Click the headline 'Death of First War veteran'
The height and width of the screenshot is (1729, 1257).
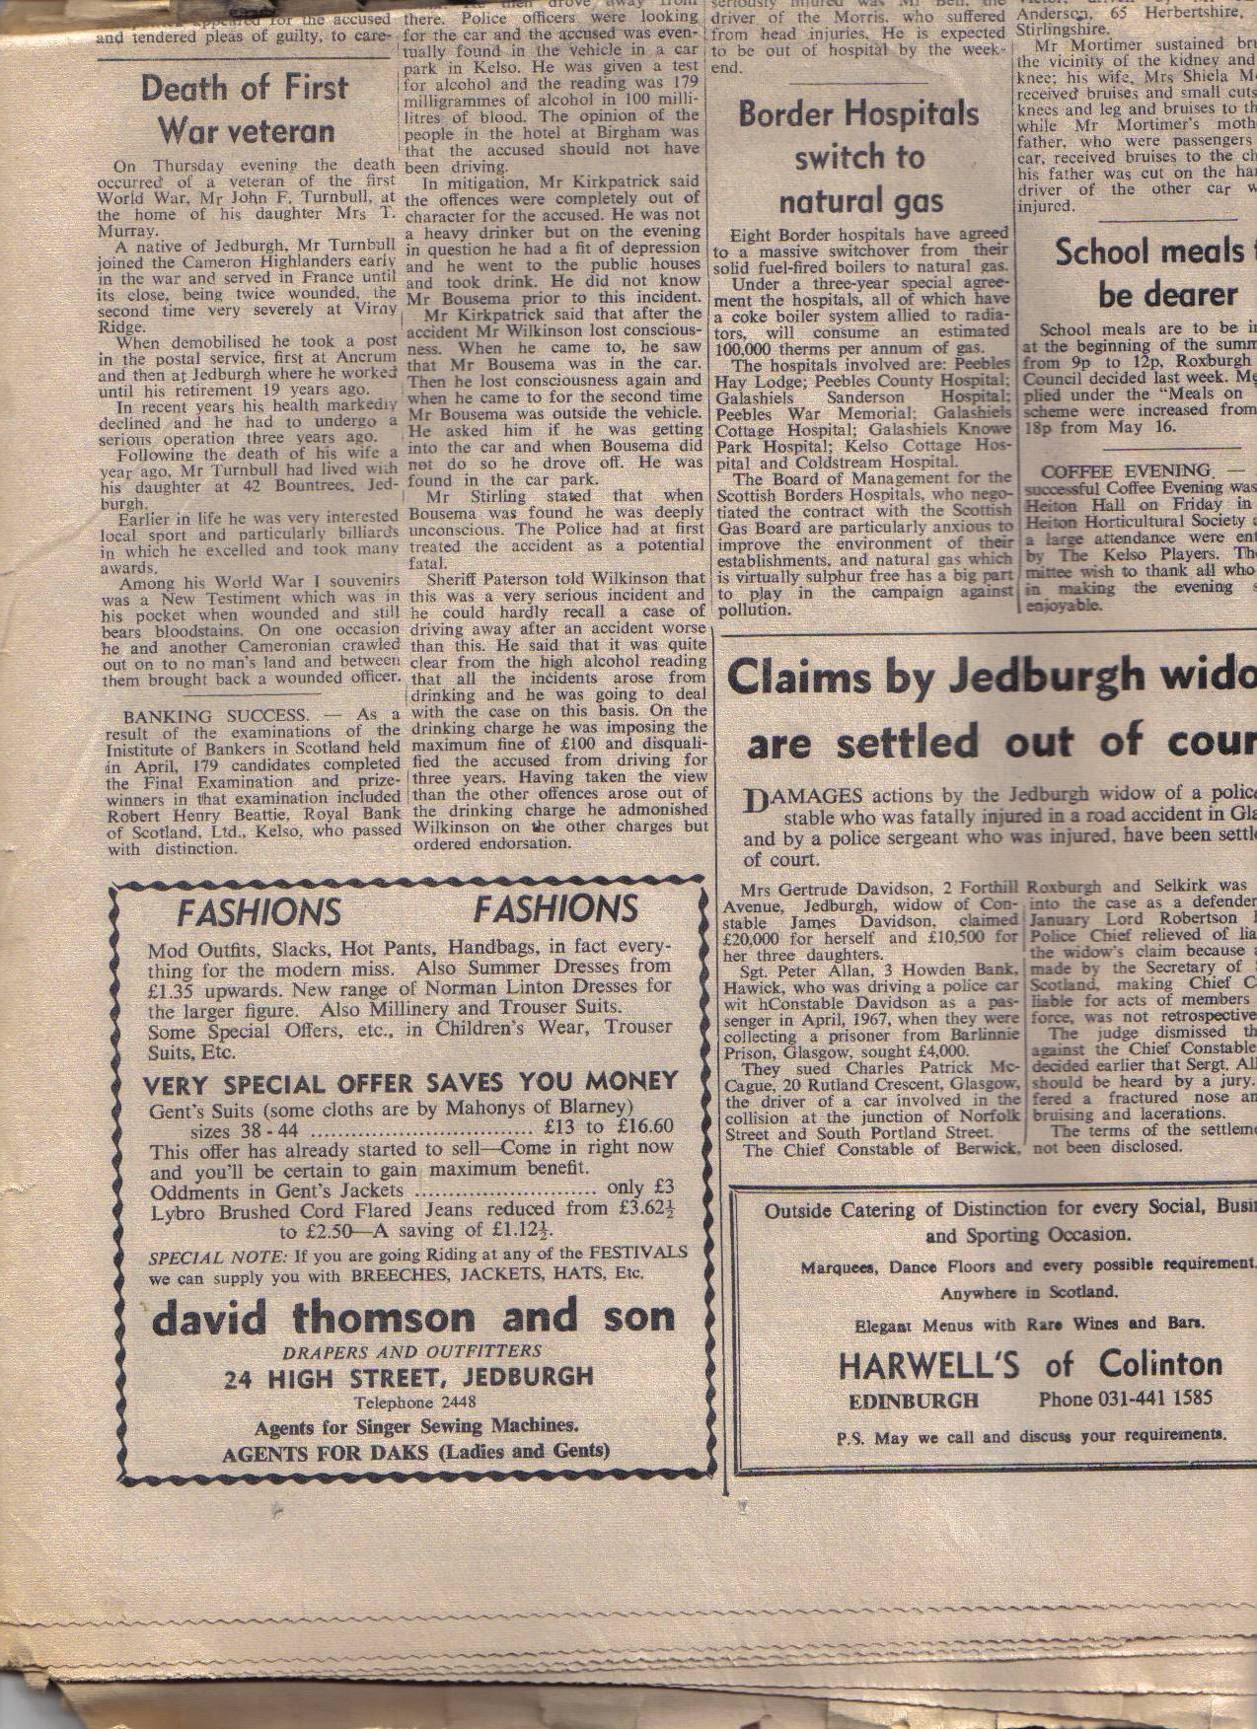tap(245, 108)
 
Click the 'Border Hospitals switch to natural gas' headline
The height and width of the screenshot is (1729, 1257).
tap(858, 158)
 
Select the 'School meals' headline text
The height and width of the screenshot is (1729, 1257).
tap(1149, 252)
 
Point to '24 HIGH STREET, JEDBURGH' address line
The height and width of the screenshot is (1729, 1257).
tap(408, 1378)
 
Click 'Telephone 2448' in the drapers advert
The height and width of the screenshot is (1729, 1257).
tap(414, 1403)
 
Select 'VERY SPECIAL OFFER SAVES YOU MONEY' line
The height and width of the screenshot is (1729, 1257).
tap(410, 1082)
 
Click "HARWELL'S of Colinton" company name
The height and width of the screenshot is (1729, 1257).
tap(1030, 1365)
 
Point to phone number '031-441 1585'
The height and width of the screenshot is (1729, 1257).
tap(1125, 1399)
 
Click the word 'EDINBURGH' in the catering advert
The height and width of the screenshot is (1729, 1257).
tap(914, 1401)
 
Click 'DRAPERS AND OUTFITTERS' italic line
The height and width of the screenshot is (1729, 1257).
tap(412, 1351)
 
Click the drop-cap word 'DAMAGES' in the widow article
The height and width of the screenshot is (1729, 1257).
tap(804, 797)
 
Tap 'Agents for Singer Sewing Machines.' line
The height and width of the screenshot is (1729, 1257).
tap(415, 1426)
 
